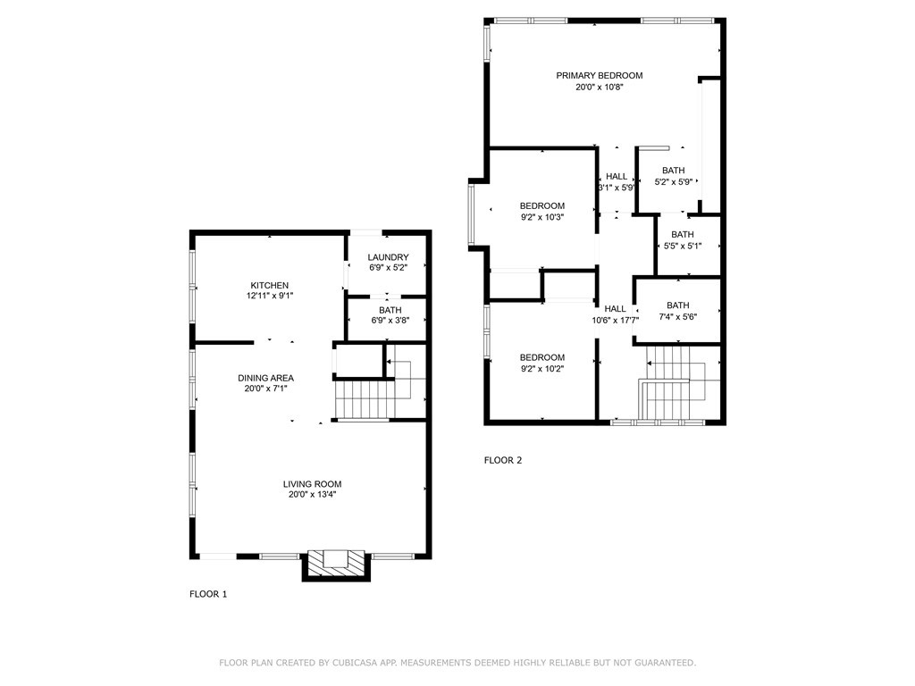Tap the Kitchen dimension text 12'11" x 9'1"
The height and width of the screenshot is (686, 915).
[270, 296]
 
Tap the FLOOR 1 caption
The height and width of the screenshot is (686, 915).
[208, 594]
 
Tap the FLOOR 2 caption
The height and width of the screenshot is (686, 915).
[503, 460]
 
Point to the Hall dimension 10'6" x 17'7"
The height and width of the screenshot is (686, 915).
[616, 320]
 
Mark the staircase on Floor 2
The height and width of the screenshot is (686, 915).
[680, 383]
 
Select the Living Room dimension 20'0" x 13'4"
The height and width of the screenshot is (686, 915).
[312, 495]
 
